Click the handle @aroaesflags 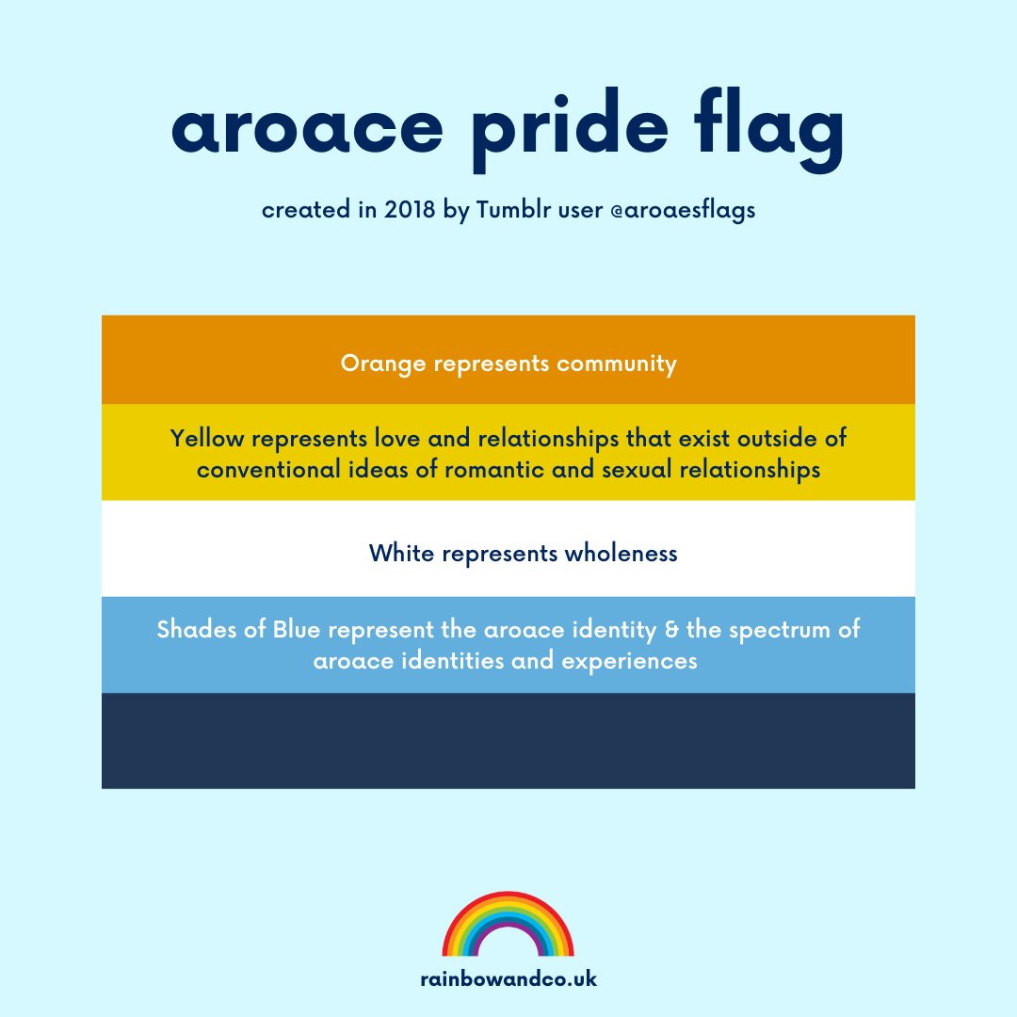point(676,210)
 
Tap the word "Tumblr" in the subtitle point(509,210)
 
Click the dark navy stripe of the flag point(508,741)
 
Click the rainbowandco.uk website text point(508,979)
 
